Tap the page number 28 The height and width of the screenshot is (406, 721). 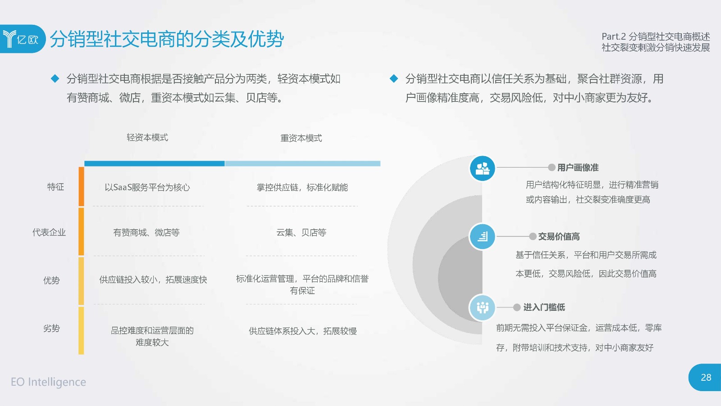coord(706,377)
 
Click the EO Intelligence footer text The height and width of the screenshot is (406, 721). coord(48,382)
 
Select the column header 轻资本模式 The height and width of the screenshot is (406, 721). coord(147,138)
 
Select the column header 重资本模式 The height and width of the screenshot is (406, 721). coord(301,138)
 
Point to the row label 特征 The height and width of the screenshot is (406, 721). coord(55,187)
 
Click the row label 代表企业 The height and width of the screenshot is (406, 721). coord(49,232)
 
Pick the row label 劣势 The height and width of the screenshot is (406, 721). coord(51,328)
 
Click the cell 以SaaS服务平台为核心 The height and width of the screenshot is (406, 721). coord(147,187)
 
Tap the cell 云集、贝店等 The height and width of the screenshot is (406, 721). coord(301,232)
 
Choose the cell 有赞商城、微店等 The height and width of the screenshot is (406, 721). coord(146,232)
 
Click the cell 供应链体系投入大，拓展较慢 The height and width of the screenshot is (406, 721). coord(302,331)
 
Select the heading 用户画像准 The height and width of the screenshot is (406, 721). coord(578,167)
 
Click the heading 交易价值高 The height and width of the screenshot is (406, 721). coord(559,236)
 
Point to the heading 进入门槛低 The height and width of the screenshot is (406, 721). coord(544,307)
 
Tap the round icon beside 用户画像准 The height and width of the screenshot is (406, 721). coord(482,168)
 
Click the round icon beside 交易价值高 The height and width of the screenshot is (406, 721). coord(482,236)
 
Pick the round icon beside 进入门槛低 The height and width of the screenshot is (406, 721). coord(482,307)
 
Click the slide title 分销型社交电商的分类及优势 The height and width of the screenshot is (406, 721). coord(167,39)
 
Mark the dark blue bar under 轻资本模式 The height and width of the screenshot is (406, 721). coord(155,164)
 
